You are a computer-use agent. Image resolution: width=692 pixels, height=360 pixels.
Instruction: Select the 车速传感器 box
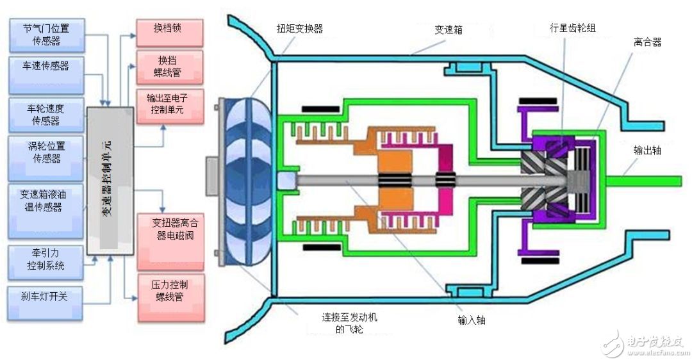(x=47, y=74)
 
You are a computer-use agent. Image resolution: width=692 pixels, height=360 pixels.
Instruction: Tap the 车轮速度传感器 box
(x=46, y=114)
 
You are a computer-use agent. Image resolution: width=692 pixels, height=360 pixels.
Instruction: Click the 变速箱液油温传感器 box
(x=46, y=201)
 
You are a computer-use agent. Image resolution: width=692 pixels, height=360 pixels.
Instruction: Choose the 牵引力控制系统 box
(x=45, y=260)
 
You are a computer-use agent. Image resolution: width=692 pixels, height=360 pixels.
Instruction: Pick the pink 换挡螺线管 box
(x=169, y=66)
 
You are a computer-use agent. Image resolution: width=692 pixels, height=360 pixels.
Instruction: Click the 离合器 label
(x=647, y=42)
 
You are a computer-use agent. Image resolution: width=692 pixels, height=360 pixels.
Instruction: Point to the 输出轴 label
(x=647, y=151)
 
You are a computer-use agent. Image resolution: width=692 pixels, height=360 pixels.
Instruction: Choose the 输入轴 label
(x=471, y=320)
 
